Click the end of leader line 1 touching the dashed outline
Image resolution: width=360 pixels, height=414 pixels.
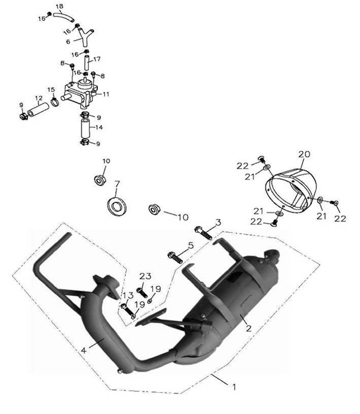click(211, 374)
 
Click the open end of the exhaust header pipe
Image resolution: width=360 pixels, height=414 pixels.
click(67, 235)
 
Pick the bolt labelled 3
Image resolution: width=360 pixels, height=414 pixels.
click(203, 233)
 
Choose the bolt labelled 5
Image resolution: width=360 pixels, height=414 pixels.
click(175, 257)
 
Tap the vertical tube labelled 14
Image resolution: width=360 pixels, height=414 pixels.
click(85, 128)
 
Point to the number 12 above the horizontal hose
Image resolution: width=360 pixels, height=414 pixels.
click(39, 98)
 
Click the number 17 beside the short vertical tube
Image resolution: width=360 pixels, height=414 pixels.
click(97, 59)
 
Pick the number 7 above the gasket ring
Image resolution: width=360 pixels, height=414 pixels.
click(117, 183)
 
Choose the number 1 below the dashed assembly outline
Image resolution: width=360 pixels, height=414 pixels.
click(234, 387)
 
